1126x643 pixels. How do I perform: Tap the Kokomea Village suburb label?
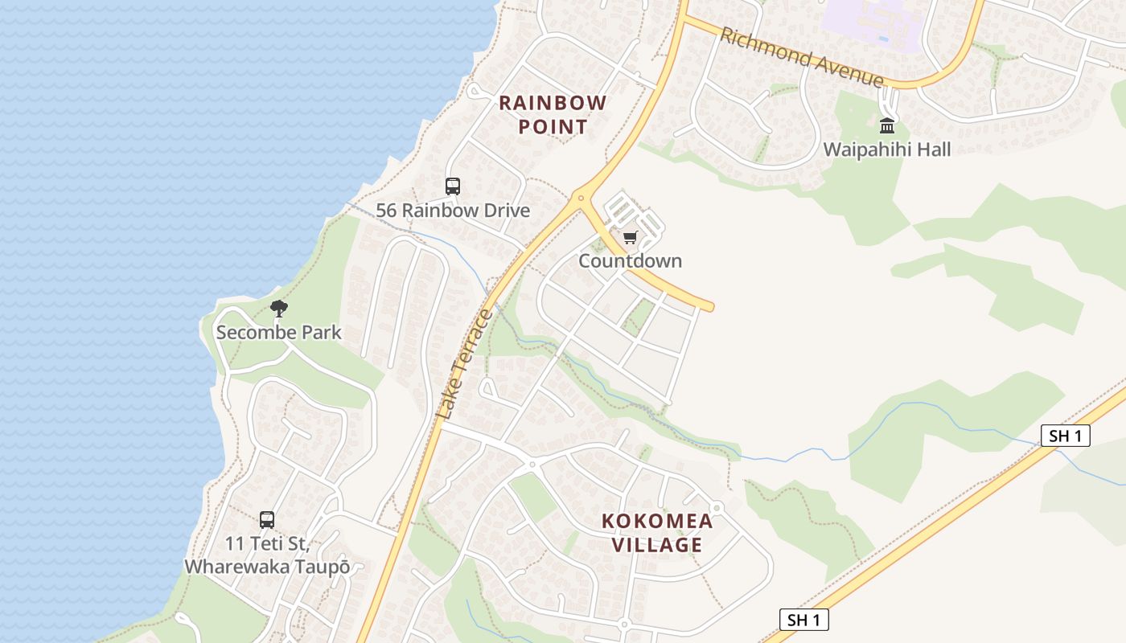coord(657,532)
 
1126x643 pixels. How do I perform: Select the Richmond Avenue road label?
coord(802,57)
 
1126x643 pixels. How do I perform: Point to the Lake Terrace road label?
coord(466,364)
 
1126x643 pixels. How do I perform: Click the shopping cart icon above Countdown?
coord(630,237)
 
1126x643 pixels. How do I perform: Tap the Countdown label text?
coord(630,260)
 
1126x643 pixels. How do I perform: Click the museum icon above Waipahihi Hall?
coord(886,125)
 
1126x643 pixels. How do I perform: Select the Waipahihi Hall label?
coord(886,149)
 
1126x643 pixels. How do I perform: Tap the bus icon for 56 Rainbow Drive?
coord(453,186)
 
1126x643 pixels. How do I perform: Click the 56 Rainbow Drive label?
coord(453,211)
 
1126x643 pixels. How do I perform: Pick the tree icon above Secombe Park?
coord(278,308)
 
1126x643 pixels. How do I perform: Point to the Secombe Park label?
coord(278,332)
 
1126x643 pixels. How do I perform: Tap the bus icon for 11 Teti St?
coord(267,519)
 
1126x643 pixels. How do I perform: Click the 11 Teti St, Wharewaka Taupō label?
coord(267,555)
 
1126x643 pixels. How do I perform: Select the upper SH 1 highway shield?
coord(1066,436)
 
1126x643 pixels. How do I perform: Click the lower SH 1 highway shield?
coord(803,620)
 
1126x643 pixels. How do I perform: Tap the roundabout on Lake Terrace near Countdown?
coord(581,198)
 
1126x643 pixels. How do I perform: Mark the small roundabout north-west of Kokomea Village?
coord(532,464)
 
